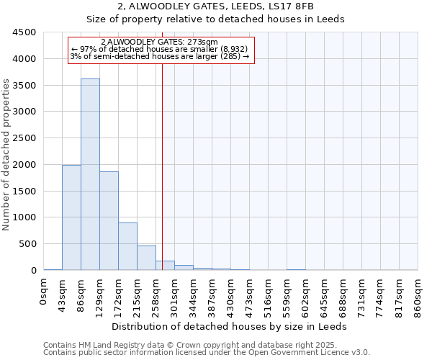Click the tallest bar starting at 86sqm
90,174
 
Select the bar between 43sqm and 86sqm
71,217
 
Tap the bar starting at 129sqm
109,220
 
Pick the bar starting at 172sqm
127,246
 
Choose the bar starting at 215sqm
146,258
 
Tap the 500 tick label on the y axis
27,244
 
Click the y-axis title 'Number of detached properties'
6,156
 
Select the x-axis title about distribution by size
230,326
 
